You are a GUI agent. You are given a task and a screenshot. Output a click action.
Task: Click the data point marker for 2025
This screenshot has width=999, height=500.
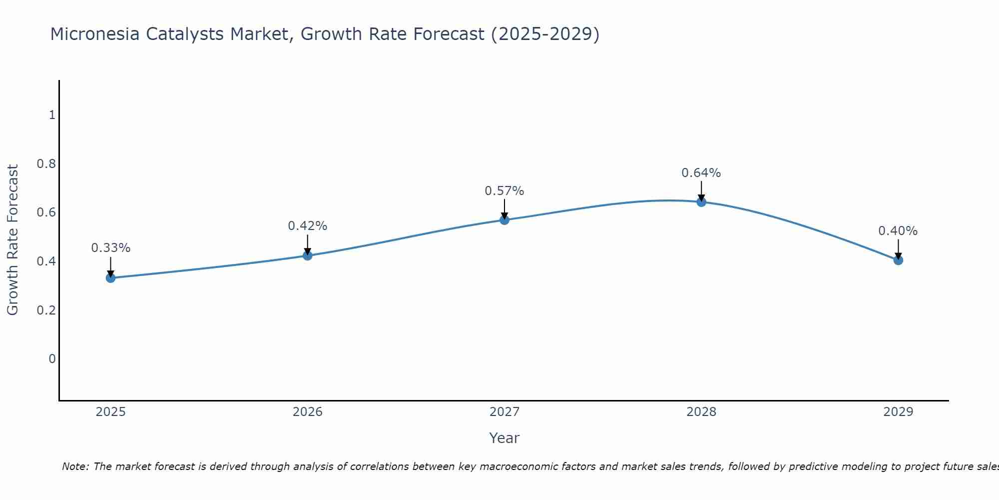111,278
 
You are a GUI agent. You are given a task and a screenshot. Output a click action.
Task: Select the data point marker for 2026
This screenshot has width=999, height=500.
308,255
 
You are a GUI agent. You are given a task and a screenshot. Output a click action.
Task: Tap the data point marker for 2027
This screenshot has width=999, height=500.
504,219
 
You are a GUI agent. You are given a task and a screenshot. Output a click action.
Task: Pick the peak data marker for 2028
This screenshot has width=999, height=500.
701,202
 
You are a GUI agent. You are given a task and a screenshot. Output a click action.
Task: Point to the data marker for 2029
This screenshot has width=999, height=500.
898,260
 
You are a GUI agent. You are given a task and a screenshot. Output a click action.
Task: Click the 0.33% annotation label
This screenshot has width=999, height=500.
111,248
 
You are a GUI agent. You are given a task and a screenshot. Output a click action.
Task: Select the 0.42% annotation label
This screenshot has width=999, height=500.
308,226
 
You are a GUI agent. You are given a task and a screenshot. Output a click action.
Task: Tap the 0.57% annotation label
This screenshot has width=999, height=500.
504,191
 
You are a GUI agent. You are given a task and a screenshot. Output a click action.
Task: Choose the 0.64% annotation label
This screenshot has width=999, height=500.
701,173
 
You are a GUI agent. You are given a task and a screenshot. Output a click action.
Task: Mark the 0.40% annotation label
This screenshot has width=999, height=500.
898,231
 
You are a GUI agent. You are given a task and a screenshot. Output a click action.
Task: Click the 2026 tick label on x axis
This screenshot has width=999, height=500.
308,412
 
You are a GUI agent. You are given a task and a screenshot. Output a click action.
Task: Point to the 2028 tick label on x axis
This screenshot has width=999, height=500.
701,412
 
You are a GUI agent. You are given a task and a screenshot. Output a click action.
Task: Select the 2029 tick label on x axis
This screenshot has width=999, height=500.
898,412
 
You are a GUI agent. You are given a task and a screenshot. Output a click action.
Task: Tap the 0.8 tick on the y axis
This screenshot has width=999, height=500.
46,164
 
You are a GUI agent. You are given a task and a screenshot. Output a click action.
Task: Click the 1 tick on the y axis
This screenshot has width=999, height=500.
52,115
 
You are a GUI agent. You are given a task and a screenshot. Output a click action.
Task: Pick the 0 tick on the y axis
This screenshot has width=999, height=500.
52,358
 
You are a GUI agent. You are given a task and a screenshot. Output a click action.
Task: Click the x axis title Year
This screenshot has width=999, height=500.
504,438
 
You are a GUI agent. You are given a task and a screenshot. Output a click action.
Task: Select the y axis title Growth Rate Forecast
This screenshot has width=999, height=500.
13,240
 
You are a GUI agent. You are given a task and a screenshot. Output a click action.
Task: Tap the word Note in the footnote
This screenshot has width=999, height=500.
75,466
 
